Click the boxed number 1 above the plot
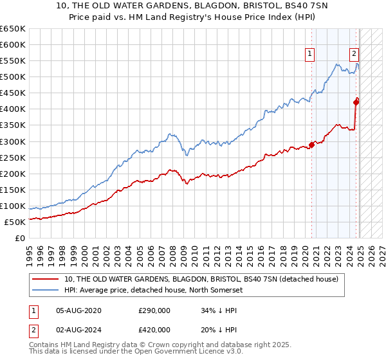(x=311, y=55)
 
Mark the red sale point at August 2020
(x=312, y=145)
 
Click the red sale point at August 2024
(x=356, y=100)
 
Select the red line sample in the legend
(x=44, y=279)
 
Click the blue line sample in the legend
(x=44, y=291)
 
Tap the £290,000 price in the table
(x=154, y=310)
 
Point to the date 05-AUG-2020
(x=79, y=310)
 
